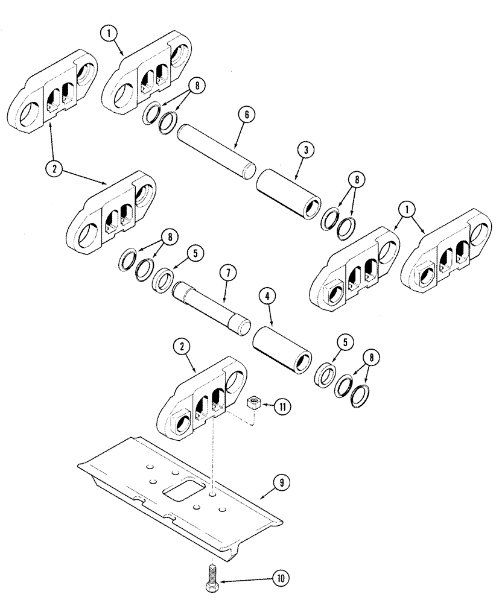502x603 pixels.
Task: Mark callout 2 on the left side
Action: [55, 169]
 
